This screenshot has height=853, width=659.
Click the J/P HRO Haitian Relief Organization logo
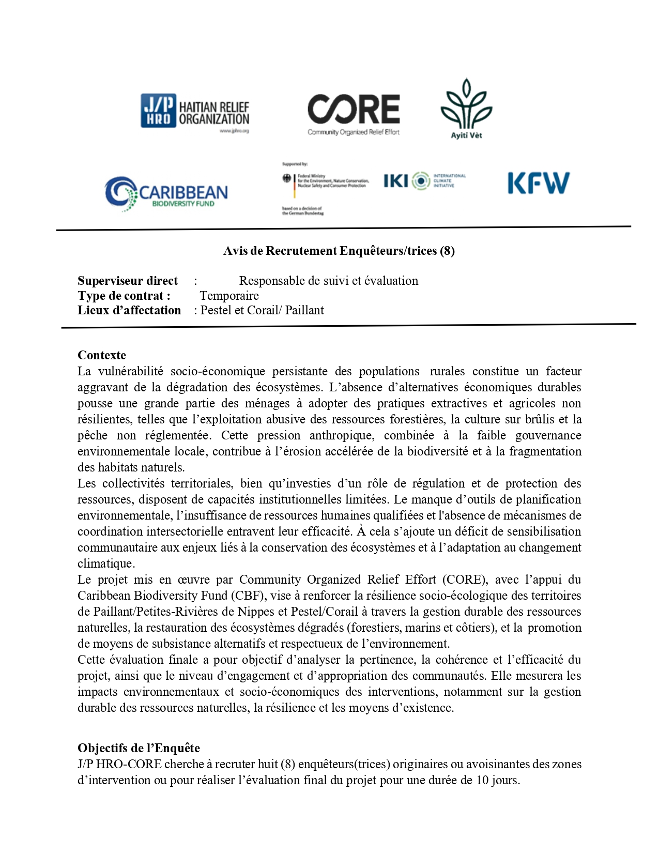point(195,113)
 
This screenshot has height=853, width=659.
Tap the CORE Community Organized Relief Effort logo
point(354,114)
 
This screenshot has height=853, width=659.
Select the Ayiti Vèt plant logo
point(466,109)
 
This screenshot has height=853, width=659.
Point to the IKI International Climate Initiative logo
point(424,181)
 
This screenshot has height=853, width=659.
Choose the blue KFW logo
point(538,183)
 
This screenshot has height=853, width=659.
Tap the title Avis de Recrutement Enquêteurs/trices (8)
point(339,251)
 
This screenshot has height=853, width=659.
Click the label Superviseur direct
point(128,281)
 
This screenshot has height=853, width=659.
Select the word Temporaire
point(229,296)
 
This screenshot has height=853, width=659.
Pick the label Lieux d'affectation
point(129,310)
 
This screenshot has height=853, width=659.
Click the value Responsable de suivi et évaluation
point(328,281)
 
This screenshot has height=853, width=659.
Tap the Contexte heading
point(102,355)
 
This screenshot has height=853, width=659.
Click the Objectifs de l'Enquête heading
point(139,748)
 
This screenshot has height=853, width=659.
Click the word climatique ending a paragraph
point(105,563)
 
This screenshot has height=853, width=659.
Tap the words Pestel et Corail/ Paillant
point(262,310)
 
